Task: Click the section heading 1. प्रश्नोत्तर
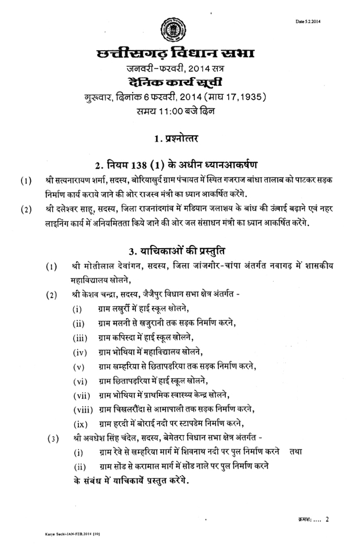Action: click(x=180, y=139)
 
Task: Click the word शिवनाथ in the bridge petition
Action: click(x=190, y=451)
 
